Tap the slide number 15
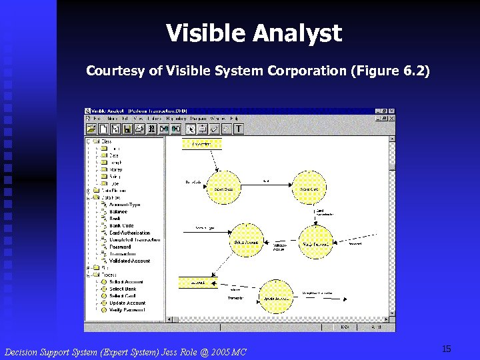[446, 349]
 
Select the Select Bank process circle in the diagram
[223, 188]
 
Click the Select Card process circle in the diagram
[309, 188]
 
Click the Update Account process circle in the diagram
[275, 297]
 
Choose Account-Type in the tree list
[125, 205]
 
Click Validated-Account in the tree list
[129, 261]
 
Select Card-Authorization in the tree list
[130, 233]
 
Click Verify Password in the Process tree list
[127, 310]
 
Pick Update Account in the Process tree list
[127, 303]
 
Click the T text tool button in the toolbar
[238, 129]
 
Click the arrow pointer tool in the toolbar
[191, 129]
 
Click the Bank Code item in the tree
[121, 225]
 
